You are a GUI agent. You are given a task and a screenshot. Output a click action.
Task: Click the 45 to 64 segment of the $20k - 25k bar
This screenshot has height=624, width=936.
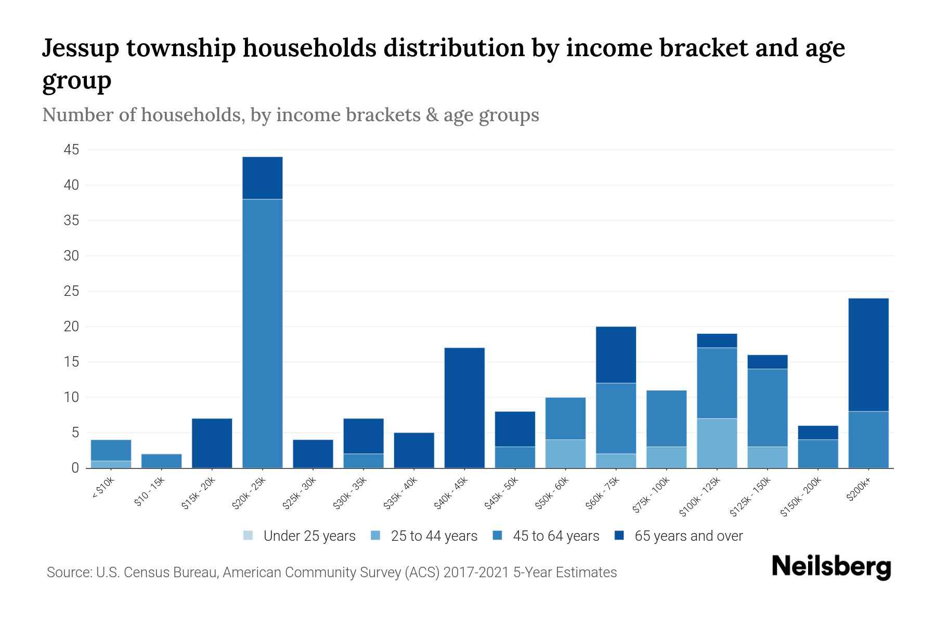tap(263, 333)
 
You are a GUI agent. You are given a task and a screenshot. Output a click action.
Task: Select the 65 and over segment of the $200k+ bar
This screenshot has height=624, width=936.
tap(868, 355)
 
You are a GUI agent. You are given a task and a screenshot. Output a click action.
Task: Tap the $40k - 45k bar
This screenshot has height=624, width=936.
tap(465, 408)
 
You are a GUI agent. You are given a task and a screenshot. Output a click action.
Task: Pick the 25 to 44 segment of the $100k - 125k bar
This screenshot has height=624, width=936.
tap(717, 443)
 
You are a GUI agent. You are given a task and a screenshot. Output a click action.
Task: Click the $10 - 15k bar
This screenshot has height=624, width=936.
tap(162, 461)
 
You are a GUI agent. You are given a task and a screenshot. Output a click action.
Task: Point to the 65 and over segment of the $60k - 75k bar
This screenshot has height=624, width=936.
tap(616, 355)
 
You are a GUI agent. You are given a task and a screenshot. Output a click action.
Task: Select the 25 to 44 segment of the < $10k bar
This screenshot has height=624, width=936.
tap(111, 464)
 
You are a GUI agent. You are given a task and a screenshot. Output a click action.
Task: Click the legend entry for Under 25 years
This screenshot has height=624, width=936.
tap(300, 536)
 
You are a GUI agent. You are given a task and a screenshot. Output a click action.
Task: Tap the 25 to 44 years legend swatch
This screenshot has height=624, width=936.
tap(376, 536)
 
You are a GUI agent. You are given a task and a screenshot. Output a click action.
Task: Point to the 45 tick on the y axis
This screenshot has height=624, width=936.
tap(71, 150)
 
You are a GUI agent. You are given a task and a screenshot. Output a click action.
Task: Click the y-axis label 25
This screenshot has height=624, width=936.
tap(71, 292)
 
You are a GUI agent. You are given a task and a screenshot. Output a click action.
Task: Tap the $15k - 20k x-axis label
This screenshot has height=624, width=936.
tap(198, 494)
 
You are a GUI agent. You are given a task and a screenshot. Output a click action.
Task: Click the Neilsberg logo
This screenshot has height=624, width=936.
tap(831, 567)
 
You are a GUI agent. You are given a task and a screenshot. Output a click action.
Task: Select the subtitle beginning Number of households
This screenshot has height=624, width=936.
tap(290, 115)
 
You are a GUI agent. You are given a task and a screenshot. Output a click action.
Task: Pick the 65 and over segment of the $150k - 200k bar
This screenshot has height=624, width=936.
tap(818, 433)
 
